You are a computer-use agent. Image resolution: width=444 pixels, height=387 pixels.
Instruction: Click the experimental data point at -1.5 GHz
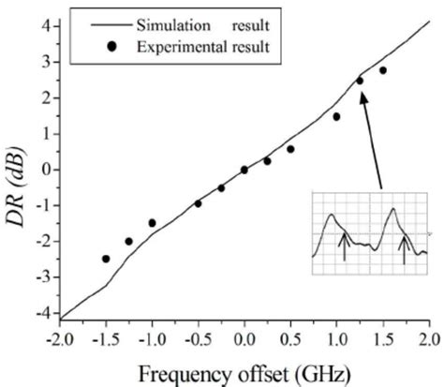tap(106, 259)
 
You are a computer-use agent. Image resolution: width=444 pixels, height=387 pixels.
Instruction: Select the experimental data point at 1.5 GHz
tap(382, 70)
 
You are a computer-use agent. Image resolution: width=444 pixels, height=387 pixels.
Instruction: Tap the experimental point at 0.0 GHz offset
tap(244, 170)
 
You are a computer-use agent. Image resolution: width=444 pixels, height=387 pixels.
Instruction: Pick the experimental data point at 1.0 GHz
tap(336, 117)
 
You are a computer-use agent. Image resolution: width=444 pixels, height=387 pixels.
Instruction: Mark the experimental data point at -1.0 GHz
tap(152, 223)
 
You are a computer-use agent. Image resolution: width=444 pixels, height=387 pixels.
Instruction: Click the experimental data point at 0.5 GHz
tap(290, 149)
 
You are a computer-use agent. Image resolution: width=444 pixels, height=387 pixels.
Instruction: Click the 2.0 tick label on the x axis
tap(428, 339)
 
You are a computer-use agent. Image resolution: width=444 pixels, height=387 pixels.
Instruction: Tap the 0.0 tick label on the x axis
tap(244, 339)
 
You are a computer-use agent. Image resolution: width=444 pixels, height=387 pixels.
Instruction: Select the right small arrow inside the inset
tap(405, 248)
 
